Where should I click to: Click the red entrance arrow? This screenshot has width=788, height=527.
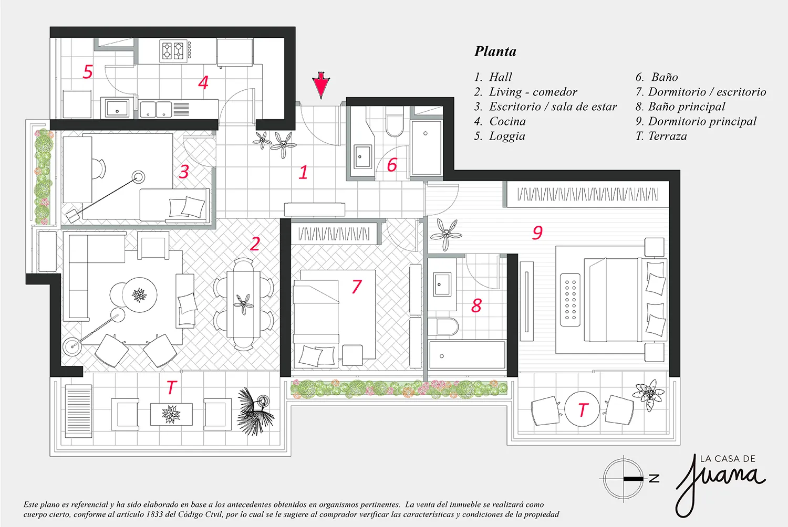coord(321,85)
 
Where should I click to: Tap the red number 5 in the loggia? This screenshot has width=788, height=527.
coord(88,72)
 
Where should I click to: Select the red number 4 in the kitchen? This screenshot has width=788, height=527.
coord(203,82)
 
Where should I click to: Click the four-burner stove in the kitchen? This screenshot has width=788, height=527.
coord(173,50)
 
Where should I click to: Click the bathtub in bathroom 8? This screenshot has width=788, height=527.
coord(467,355)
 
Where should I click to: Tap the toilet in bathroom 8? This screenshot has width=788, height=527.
coord(447,327)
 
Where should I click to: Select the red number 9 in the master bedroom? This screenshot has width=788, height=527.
coord(537,233)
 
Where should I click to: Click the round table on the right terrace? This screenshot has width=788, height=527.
coord(582,409)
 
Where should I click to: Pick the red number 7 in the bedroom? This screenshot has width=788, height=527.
coord(356,287)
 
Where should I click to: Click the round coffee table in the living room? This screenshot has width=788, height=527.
coord(140,294)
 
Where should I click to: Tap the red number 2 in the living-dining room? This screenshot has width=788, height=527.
coord(255,244)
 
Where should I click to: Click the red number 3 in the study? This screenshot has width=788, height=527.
coord(184,172)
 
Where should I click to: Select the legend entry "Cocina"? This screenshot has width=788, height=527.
coord(507,121)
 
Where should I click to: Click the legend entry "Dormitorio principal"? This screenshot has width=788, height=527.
coord(702,122)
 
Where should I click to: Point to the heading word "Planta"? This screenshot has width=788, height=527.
coord(495,51)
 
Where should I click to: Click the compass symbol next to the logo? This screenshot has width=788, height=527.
coord(624,479)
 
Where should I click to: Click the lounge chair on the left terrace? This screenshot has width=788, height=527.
coord(78,411)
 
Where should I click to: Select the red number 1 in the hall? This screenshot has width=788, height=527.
coord(303,172)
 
